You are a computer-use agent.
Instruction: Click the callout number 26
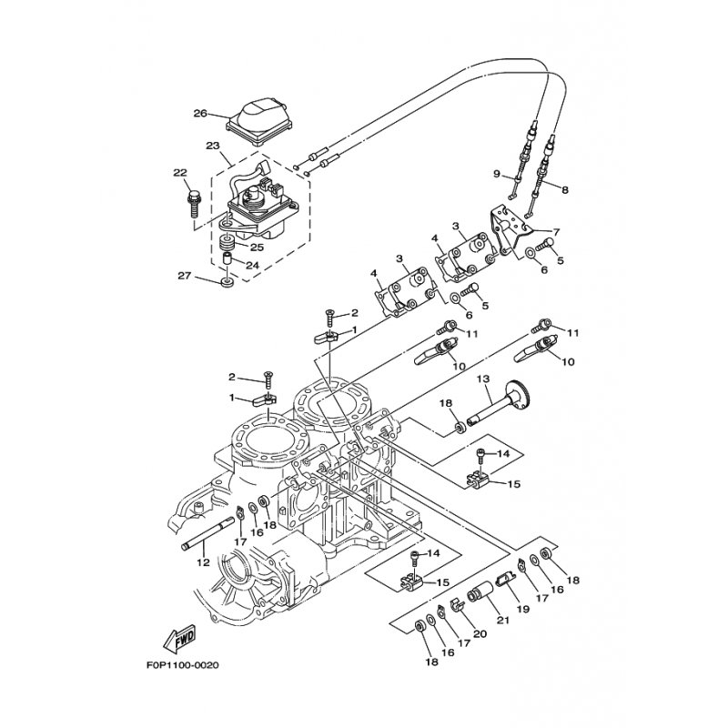click(x=200, y=113)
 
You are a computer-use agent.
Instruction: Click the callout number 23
click(x=212, y=146)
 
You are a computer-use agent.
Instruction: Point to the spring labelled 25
click(x=227, y=243)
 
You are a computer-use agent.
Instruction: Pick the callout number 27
click(x=185, y=277)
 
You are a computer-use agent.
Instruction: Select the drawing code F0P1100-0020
click(x=182, y=665)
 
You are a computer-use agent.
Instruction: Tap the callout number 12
click(x=203, y=562)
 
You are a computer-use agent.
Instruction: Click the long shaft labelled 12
click(x=207, y=534)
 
